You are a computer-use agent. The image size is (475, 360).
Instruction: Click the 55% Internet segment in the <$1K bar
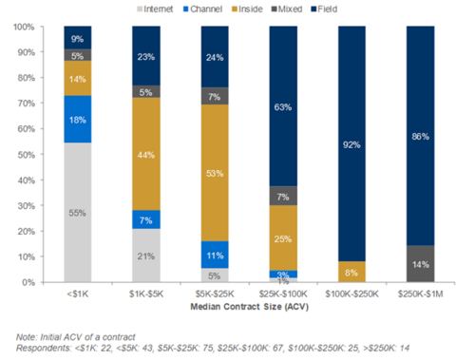point(78,212)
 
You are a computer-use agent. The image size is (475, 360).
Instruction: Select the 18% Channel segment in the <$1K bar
point(78,119)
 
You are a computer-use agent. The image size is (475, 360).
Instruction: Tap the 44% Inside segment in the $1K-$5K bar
point(145,154)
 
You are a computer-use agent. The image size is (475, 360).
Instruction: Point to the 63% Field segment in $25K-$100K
point(282,106)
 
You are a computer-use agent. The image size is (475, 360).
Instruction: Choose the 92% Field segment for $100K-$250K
point(351,144)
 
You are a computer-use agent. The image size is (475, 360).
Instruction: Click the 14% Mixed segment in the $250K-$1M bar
point(420,264)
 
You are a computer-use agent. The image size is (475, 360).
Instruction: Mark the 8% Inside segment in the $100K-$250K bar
point(351,272)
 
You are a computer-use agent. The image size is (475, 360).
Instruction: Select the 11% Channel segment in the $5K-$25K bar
point(214,255)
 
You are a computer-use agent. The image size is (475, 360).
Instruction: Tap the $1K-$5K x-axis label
point(145,294)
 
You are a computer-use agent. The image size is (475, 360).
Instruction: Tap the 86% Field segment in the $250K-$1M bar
point(420,136)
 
